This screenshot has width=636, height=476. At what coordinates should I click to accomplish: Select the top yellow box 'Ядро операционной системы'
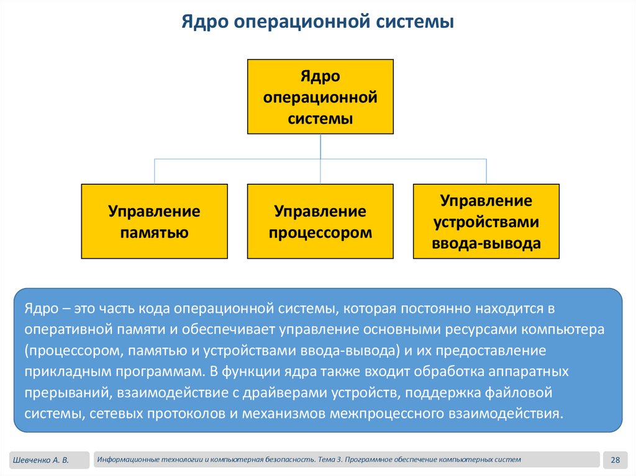(x=320, y=97)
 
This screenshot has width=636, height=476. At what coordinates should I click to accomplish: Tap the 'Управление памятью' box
(x=154, y=222)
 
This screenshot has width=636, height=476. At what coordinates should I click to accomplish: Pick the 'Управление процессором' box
(x=320, y=222)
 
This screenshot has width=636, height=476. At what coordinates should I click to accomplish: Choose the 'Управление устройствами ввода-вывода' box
(x=486, y=222)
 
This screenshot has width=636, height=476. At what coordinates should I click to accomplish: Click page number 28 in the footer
(x=616, y=460)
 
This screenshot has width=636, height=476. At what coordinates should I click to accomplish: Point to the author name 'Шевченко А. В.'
(x=39, y=460)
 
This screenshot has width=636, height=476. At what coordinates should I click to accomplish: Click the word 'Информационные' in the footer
(x=127, y=459)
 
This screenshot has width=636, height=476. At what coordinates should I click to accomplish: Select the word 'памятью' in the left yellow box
(x=154, y=233)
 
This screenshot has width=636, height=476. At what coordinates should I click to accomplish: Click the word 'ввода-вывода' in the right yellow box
(x=486, y=244)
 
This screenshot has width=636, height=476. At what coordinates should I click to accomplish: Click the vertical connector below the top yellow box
(x=320, y=146)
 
